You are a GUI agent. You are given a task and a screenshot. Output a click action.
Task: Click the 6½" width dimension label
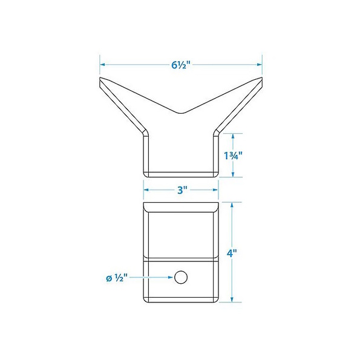pyautogui.click(x=180, y=65)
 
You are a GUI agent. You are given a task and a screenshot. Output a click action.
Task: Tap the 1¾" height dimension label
pyautogui.click(x=233, y=155)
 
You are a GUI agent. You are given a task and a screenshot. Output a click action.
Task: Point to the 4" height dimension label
pyautogui.click(x=232, y=253)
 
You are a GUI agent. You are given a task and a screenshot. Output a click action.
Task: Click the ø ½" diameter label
pyautogui.click(x=117, y=278)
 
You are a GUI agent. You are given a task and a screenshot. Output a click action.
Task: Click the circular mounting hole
pyautogui.click(x=181, y=277)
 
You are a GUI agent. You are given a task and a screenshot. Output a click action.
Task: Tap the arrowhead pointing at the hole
pyautogui.click(x=171, y=277)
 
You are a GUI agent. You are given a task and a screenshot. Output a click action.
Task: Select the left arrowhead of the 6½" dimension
pyautogui.click(x=103, y=65)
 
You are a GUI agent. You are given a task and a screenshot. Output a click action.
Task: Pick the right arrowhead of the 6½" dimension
pyautogui.click(x=260, y=65)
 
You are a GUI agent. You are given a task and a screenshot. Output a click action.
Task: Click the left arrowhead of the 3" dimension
pyautogui.click(x=146, y=190)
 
